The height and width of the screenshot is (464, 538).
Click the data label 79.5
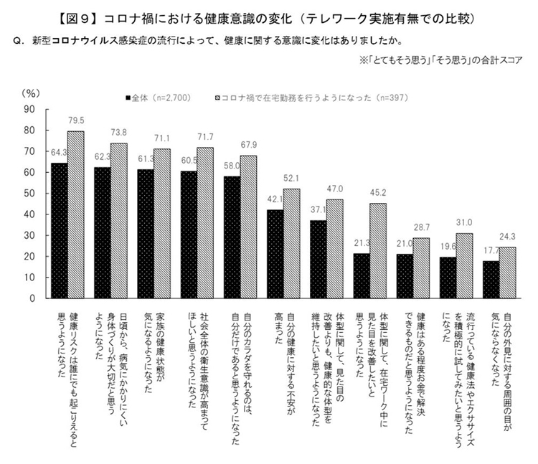click(75, 120)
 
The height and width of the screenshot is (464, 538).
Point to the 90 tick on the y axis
click(31, 109)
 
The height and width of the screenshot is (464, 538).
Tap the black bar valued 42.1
click(275, 254)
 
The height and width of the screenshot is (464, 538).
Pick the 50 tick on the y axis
click(31, 193)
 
